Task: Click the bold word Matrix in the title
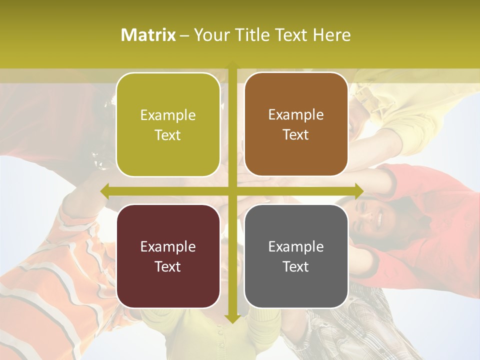(x=148, y=35)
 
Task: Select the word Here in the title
(x=332, y=35)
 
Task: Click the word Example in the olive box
(x=168, y=115)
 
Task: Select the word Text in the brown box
(x=296, y=134)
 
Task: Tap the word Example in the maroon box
(x=168, y=246)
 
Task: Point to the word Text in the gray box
(x=296, y=266)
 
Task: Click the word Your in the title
(x=210, y=35)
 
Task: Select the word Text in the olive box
(x=168, y=135)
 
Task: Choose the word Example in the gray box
(x=296, y=246)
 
